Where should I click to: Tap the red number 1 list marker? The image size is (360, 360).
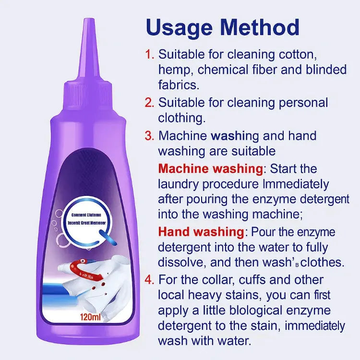click(150, 54)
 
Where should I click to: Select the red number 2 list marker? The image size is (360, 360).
click(150, 102)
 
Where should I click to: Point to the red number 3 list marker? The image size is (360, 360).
click(150, 136)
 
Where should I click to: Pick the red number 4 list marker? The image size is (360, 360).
click(150, 279)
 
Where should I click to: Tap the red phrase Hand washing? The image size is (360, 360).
click(201, 232)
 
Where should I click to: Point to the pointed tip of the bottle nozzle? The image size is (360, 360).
click(87, 20)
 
